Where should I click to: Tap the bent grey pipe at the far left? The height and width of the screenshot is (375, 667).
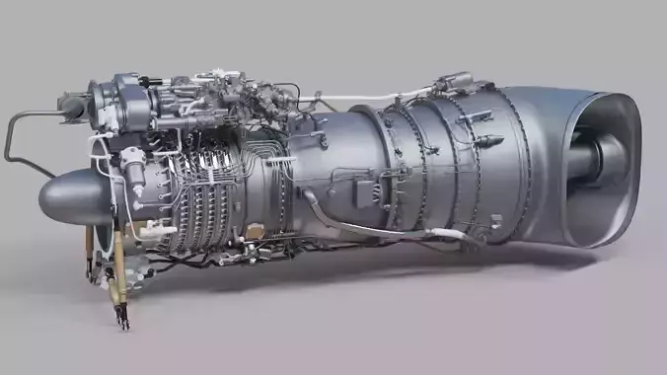14,138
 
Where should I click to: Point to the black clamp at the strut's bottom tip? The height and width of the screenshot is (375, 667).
122,318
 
